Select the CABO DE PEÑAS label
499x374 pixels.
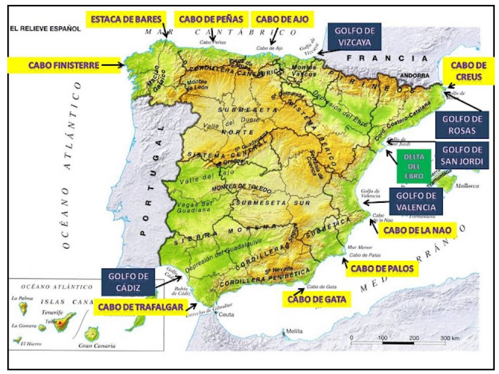[211, 19]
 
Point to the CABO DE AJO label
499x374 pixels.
[282, 19]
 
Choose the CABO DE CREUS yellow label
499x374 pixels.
[469, 71]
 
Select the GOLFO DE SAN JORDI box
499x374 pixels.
[463, 156]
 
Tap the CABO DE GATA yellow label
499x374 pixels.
[317, 299]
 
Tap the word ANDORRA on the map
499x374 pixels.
[411, 76]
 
